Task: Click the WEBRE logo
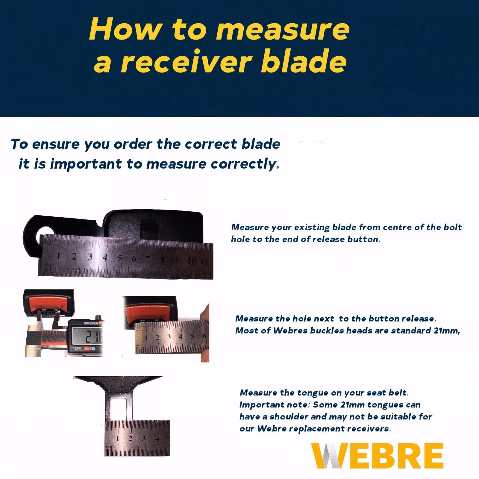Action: (x=377, y=455)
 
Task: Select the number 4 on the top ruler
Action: (x=105, y=257)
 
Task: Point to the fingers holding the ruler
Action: (x=204, y=329)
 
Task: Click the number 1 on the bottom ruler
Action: (x=118, y=439)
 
